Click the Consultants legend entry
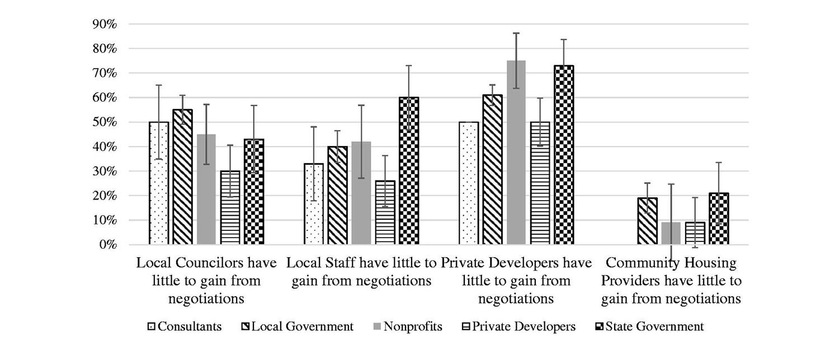[184, 326]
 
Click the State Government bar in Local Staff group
[409, 171]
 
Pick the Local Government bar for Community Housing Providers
[647, 221]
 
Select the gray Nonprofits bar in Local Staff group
[361, 193]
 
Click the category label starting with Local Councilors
[206, 281]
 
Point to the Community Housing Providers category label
[671, 281]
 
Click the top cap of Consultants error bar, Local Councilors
[159, 85]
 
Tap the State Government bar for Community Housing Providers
[719, 219]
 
